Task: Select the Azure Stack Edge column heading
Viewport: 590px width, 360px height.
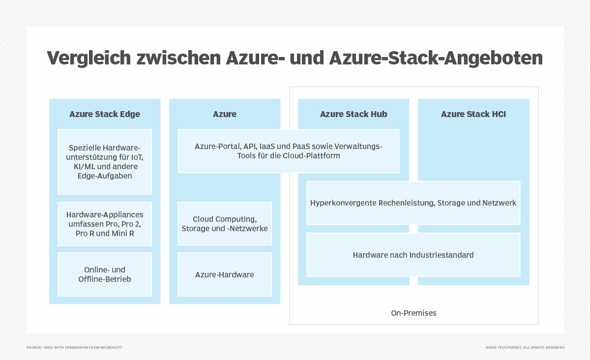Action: click(105, 114)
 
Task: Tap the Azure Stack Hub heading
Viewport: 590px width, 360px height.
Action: click(354, 114)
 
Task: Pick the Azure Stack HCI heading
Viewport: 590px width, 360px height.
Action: click(473, 114)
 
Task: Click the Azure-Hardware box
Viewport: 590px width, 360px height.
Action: click(225, 274)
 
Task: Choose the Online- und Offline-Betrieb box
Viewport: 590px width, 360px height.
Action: click(105, 274)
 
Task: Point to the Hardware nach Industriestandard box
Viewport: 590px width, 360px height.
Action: click(413, 255)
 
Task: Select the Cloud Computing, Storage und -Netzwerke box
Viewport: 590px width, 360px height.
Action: click(225, 224)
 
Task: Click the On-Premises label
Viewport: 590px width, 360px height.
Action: click(413, 313)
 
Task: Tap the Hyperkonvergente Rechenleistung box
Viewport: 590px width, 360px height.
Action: click(413, 203)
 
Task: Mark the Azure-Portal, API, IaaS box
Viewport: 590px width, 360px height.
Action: click(289, 151)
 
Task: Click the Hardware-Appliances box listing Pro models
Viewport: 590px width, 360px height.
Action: click(105, 224)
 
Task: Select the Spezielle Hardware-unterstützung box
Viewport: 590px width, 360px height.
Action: click(105, 161)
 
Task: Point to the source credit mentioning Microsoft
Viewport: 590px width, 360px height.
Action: click(74, 347)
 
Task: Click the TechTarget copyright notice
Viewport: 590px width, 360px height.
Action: click(525, 347)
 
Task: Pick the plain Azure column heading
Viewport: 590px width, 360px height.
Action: click(225, 114)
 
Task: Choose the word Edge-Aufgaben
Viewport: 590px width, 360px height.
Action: click(105, 176)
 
